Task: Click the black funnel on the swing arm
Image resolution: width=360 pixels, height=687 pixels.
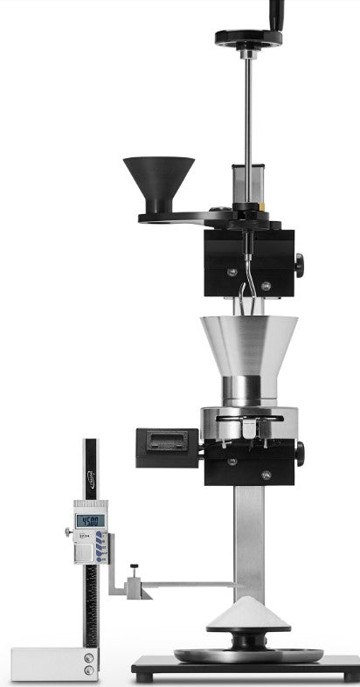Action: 158,180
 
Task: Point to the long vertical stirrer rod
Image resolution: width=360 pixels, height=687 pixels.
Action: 249,114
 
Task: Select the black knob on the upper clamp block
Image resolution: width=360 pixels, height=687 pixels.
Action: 300,261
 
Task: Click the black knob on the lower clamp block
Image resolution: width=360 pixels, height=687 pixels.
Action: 300,453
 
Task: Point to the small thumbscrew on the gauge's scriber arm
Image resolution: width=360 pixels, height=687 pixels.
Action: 134,572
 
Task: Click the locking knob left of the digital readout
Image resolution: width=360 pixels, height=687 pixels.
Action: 68,532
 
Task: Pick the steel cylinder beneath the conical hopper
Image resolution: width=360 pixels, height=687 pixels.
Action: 249,392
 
